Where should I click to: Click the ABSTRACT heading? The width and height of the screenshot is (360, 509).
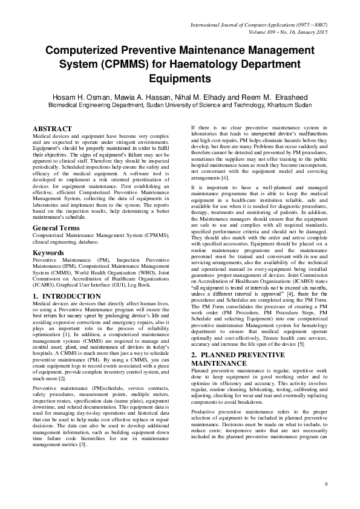(51, 129)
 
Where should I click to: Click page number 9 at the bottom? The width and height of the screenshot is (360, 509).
(326, 484)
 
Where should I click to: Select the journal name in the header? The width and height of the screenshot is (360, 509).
(260, 25)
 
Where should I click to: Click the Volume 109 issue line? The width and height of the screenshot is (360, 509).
(288, 32)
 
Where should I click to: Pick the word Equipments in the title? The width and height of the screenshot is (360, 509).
(179, 78)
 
